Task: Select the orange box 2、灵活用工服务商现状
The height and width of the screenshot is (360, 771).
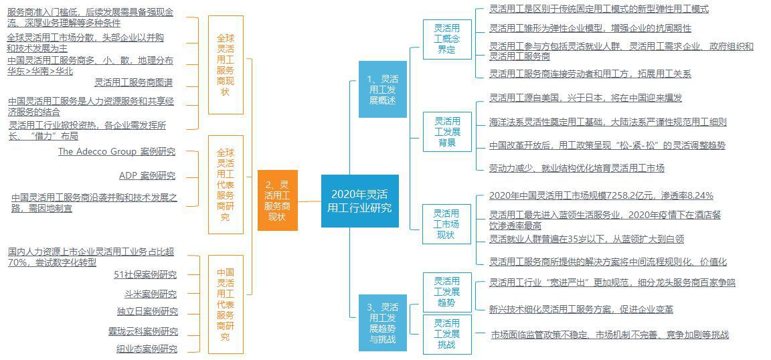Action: (x=277, y=199)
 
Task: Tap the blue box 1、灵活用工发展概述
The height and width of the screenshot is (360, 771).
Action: (x=383, y=89)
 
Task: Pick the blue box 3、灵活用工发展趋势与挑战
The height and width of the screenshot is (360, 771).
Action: (x=383, y=323)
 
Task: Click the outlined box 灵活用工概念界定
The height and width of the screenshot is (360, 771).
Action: (x=447, y=39)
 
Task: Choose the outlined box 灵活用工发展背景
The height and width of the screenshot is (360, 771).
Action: (x=447, y=132)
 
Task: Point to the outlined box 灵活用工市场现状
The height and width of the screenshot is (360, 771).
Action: (x=447, y=223)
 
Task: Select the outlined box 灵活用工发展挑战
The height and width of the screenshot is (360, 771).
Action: (x=447, y=334)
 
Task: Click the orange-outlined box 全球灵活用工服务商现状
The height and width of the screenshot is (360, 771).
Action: (x=226, y=64)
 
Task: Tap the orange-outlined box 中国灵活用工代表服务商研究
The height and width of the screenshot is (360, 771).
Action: (x=226, y=304)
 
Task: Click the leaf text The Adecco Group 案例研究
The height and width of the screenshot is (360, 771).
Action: (x=116, y=151)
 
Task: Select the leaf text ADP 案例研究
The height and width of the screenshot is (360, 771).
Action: (x=147, y=175)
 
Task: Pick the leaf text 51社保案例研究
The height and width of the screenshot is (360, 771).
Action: (x=145, y=274)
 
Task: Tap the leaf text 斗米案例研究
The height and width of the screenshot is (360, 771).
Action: (x=151, y=294)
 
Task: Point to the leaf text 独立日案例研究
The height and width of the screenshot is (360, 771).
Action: (x=147, y=311)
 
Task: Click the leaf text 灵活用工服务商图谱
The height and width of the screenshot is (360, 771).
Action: (x=133, y=82)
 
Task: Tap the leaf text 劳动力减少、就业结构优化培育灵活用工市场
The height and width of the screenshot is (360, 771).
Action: (x=577, y=168)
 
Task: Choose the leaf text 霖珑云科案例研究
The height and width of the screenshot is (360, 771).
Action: (x=143, y=331)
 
